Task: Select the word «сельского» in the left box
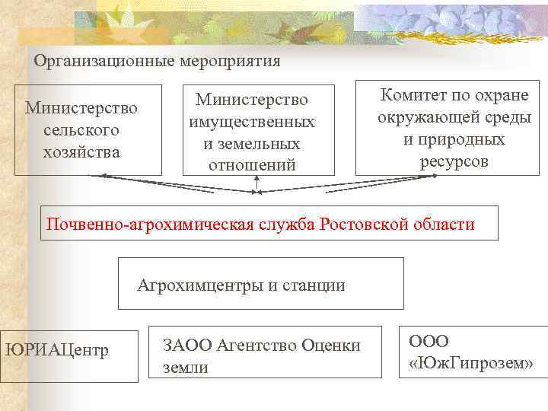[81, 129]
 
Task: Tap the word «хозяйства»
[81, 151]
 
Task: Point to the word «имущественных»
[252, 122]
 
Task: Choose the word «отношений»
[252, 164]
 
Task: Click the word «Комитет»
[418, 96]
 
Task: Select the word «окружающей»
[432, 118]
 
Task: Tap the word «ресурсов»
[454, 161]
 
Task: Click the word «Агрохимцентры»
[200, 285]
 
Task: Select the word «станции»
[314, 285]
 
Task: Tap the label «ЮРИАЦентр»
[57, 350]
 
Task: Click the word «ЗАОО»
[187, 346]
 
